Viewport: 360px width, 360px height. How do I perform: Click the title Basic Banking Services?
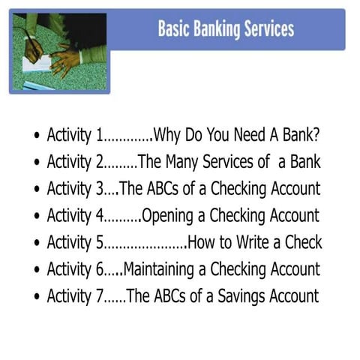pyautogui.click(x=226, y=29)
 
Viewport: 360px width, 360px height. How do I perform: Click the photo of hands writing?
pyautogui.click(x=58, y=50)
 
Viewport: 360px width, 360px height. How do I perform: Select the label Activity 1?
pyautogui.click(x=74, y=136)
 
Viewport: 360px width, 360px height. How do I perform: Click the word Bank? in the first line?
pyautogui.click(x=300, y=136)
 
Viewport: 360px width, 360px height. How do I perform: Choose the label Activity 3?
pyautogui.click(x=74, y=189)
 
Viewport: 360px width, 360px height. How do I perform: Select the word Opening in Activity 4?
pyautogui.click(x=166, y=216)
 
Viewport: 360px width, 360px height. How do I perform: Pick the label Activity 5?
pyautogui.click(x=74, y=242)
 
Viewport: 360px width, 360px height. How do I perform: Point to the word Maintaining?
pyautogui.click(x=163, y=268)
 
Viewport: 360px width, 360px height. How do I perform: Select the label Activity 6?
pyautogui.click(x=74, y=268)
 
